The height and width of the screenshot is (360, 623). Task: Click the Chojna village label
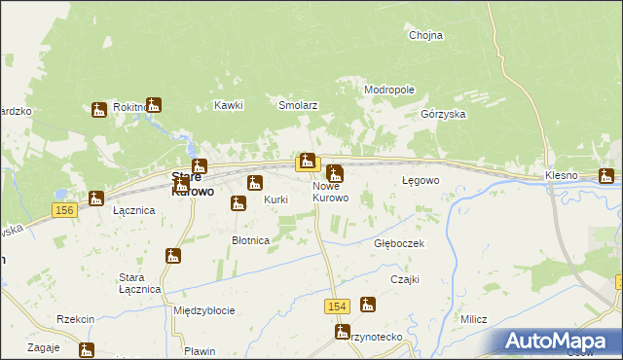pyautogui.click(x=425, y=35)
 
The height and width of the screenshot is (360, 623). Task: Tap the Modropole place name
pyautogui.click(x=389, y=90)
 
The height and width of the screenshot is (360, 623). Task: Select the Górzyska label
pyautogui.click(x=443, y=114)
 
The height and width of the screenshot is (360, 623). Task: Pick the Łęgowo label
pyautogui.click(x=421, y=181)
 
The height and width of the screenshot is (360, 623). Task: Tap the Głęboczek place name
pyautogui.click(x=399, y=243)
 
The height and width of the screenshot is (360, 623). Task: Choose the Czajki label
pyautogui.click(x=404, y=279)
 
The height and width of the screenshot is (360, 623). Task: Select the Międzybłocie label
pyautogui.click(x=203, y=310)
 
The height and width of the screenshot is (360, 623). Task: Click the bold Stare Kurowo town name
pyautogui.click(x=186, y=184)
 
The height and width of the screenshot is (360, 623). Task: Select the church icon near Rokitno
pyautogui.click(x=99, y=110)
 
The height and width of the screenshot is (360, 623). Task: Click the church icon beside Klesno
pyautogui.click(x=606, y=177)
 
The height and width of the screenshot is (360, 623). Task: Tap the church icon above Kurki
pyautogui.click(x=255, y=183)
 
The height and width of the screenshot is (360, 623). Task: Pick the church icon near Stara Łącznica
pyautogui.click(x=174, y=257)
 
